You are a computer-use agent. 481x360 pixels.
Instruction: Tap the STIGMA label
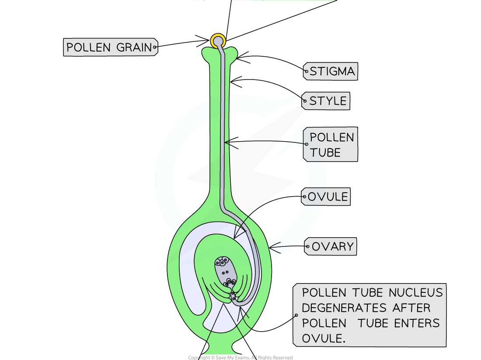[331, 71]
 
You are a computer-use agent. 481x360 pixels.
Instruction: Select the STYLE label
[326, 101]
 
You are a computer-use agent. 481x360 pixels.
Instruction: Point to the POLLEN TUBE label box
[331, 145]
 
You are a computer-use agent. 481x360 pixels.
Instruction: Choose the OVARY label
[331, 246]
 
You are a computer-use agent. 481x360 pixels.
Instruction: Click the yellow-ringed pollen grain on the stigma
[218, 41]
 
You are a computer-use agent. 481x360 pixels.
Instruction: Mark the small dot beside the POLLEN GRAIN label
[155, 46]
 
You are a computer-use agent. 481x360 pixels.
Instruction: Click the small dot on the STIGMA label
[307, 70]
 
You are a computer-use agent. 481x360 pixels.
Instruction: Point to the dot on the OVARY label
[308, 247]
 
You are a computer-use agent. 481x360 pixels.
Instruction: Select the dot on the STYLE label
[305, 100]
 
